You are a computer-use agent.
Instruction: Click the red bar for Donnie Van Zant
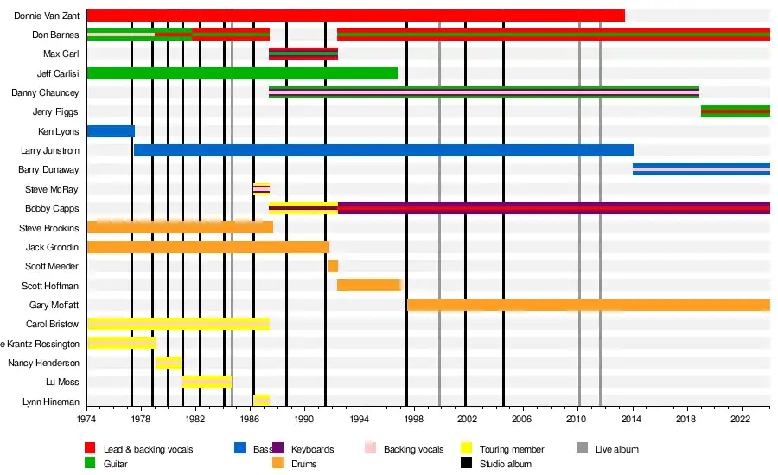point(355,16)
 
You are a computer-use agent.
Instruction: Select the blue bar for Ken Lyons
point(111,131)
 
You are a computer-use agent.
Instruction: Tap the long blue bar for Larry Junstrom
point(383,150)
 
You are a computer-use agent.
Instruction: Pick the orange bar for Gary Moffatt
point(588,305)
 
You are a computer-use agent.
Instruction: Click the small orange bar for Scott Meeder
point(333,266)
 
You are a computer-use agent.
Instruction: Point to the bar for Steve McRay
point(261,189)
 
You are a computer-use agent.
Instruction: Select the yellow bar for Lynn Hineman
point(261,401)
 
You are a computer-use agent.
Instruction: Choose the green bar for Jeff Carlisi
point(242,73)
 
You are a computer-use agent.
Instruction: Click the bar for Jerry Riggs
point(735,111)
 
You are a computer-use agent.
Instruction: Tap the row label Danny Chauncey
point(45,92)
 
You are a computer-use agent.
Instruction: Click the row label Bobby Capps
point(52,209)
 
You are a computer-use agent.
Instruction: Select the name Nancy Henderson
point(43,363)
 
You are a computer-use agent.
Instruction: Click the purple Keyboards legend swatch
point(277,448)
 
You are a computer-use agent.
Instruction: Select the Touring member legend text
point(512,449)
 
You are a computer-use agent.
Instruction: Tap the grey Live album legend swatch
point(583,448)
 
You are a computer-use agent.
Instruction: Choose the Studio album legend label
point(505,464)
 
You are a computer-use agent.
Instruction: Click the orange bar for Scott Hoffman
point(369,285)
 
